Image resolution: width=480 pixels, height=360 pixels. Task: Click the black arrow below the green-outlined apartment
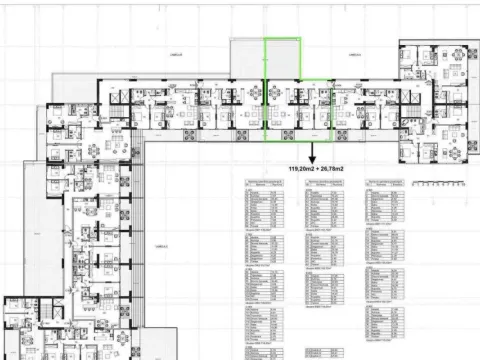click(x=311, y=154)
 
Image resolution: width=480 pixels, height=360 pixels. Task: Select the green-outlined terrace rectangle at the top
click(x=281, y=59)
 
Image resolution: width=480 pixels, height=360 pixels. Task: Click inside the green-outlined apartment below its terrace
click(x=297, y=109)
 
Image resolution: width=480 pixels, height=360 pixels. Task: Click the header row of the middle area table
click(x=325, y=184)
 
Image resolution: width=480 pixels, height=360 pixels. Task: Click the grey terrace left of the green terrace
click(x=246, y=60)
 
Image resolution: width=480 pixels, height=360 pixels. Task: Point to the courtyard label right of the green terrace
click(x=354, y=56)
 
